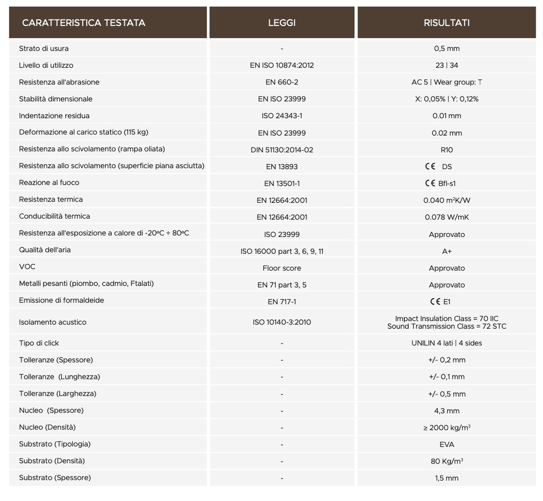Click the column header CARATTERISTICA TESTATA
(84, 22)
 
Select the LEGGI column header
(281, 22)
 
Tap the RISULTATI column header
(447, 22)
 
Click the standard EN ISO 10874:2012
(281, 65)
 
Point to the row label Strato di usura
(44, 48)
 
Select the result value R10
(447, 150)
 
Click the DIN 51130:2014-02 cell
(281, 150)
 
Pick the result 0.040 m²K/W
(447, 200)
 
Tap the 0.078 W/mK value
(447, 217)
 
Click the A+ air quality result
(447, 251)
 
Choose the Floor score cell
(281, 268)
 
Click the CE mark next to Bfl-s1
(430, 183)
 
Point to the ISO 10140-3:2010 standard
(281, 322)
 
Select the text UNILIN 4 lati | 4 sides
(447, 343)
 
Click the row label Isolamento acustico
(53, 322)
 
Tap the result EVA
(447, 444)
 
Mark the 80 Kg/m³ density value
(447, 461)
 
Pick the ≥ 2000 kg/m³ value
(447, 428)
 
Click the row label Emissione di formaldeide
(61, 300)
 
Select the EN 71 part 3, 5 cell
(281, 285)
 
